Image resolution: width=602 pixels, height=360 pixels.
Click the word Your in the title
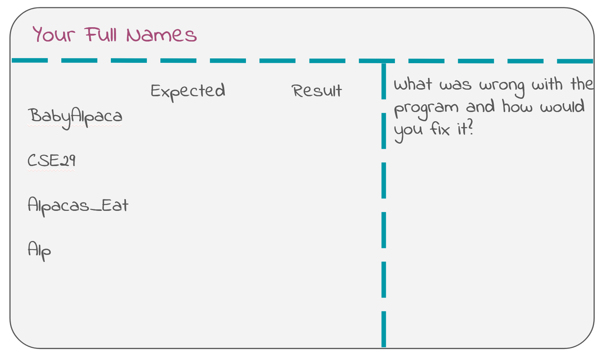54,35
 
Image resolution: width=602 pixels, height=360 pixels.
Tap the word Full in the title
101,35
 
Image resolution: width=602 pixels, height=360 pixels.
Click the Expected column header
188,92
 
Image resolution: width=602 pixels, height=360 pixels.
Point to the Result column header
317,91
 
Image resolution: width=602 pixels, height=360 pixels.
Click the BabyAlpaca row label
75,118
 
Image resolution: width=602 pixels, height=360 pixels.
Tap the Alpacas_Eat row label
78,206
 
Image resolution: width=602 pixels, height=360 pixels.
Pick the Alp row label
39,251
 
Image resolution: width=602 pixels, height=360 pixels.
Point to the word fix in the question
440,129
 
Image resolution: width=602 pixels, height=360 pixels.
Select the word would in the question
562,106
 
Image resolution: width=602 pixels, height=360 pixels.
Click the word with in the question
547,84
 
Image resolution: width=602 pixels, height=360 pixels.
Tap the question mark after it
470,128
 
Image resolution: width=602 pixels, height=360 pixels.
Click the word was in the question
456,86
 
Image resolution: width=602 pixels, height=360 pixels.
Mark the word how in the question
517,106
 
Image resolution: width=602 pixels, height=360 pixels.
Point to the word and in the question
480,106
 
